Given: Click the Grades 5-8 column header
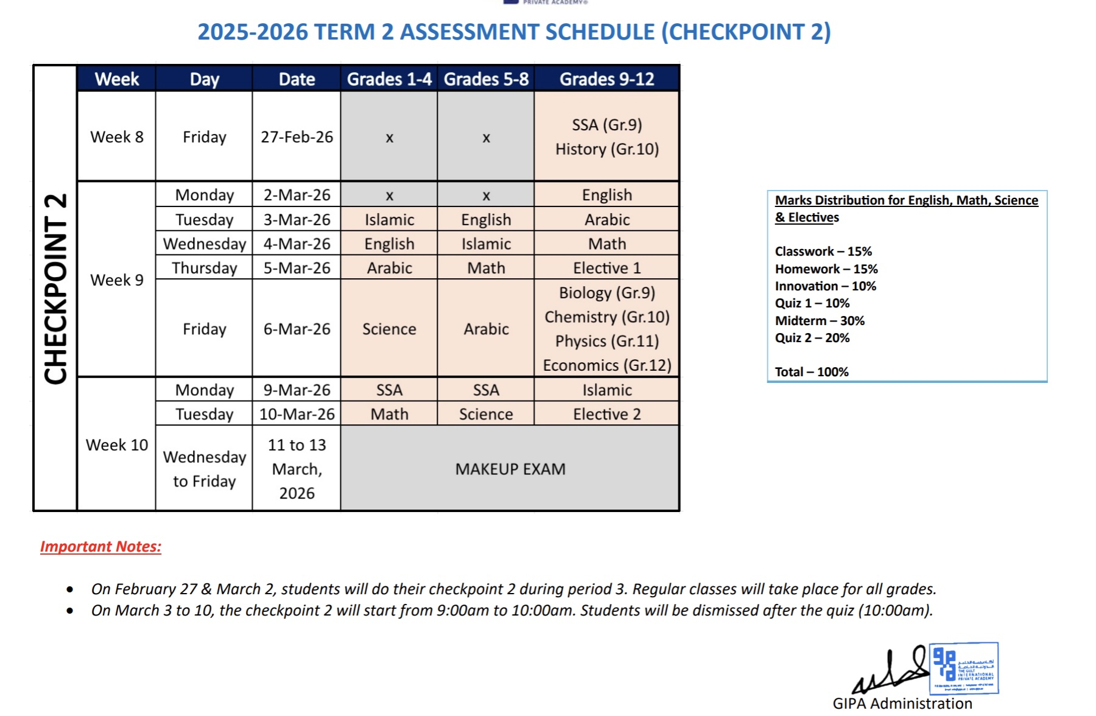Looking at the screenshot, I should [486, 79].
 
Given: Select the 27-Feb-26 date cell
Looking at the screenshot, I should [297, 137].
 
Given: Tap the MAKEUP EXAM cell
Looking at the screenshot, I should [510, 469].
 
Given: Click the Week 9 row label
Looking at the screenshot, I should [117, 280].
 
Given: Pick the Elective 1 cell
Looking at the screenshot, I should [606, 268].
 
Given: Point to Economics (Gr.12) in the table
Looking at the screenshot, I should [606, 365].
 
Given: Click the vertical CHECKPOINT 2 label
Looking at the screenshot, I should [55, 289].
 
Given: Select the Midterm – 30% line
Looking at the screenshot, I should [820, 321].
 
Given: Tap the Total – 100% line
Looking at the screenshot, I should [812, 372].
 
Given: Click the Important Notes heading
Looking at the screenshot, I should [100, 547].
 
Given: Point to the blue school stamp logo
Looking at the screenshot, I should [964, 668].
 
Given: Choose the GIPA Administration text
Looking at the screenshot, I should [902, 704].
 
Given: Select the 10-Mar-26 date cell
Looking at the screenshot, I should [297, 414].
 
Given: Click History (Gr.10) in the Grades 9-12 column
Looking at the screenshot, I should [606, 149].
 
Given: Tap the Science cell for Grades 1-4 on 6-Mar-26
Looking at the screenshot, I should [389, 329].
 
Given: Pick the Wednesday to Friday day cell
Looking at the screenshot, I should [205, 469].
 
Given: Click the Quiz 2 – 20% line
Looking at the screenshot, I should [812, 338].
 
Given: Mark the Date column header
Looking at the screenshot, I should [297, 79].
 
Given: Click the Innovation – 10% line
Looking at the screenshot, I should [825, 286].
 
